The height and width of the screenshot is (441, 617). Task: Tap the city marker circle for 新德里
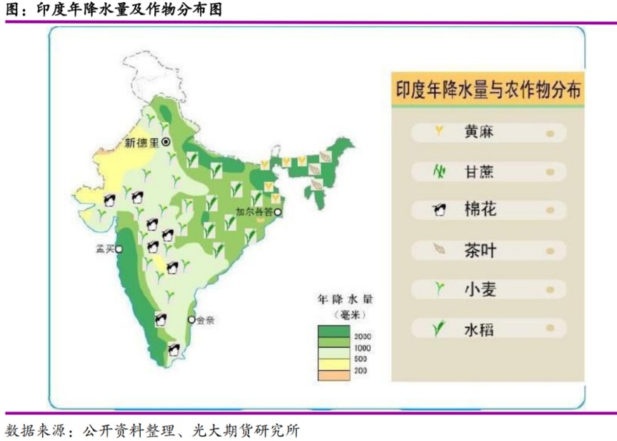click(x=166, y=142)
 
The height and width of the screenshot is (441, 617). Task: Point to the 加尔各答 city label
click(x=255, y=212)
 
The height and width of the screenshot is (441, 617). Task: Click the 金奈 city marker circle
click(x=191, y=319)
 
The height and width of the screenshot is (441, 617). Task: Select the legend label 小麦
click(x=479, y=289)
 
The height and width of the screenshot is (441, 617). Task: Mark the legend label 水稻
click(x=479, y=329)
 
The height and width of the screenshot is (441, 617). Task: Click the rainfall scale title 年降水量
click(x=346, y=300)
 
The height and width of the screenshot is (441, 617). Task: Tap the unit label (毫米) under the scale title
click(x=346, y=315)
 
